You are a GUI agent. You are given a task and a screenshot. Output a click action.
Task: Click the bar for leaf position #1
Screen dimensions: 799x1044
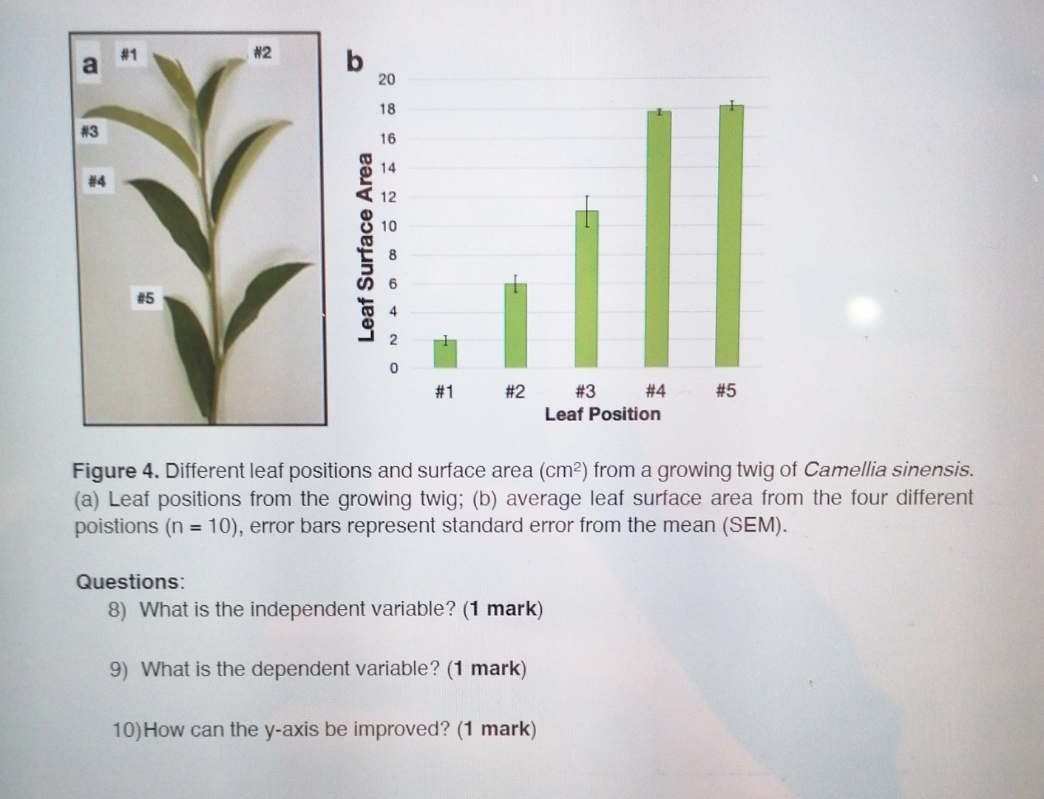coord(445,354)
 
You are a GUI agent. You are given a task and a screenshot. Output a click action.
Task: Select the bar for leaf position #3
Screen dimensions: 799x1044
coord(586,289)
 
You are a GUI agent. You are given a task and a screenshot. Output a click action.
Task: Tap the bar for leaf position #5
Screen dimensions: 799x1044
coord(731,237)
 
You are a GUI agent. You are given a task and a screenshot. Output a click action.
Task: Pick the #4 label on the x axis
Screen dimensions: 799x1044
coord(655,391)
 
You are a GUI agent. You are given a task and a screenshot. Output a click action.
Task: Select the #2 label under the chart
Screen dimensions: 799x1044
coord(515,391)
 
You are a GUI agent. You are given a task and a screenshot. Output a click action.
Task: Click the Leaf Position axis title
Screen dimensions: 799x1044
coord(603,414)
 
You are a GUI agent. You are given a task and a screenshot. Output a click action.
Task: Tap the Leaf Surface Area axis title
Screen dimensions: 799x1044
coord(365,247)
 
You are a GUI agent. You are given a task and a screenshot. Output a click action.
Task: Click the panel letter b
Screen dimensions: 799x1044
coord(355,62)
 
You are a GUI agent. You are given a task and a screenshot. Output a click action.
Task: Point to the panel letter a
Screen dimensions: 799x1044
coord(89,64)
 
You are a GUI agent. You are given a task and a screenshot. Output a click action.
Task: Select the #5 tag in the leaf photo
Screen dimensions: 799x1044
coord(145,298)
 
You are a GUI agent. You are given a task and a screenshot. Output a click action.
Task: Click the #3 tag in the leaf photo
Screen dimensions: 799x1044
coord(89,132)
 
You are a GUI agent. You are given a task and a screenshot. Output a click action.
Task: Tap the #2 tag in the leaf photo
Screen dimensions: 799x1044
coord(262,53)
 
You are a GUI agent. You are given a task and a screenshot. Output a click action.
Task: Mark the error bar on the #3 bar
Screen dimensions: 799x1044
coord(586,211)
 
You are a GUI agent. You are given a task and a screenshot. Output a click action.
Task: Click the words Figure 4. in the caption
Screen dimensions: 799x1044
coord(115,471)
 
